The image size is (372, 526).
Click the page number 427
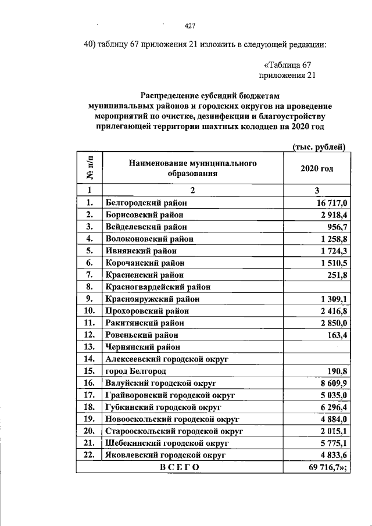click(189, 25)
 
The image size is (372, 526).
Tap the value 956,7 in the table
click(336, 227)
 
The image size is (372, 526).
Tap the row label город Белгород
click(135, 371)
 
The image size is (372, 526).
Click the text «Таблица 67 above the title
click(288, 64)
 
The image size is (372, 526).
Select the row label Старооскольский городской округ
click(173, 431)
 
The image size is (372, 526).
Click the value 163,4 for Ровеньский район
click(336, 335)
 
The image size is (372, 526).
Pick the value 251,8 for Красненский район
click(336, 275)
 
